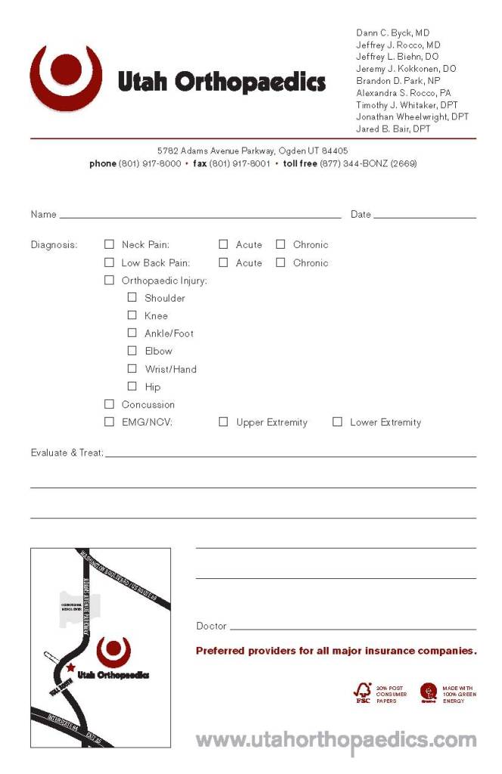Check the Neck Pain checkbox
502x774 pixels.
(x=109, y=244)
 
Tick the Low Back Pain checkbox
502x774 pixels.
(x=109, y=262)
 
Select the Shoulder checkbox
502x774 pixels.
(x=132, y=298)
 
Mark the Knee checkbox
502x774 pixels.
(x=132, y=315)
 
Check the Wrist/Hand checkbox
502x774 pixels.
(x=132, y=369)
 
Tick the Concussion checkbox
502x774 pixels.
(x=109, y=404)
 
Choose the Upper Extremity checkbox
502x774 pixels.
(x=224, y=422)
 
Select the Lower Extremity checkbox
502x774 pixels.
(x=337, y=422)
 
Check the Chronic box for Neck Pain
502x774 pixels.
(x=280, y=244)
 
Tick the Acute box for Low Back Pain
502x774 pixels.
(x=224, y=262)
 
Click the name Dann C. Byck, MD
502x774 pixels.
(x=392, y=33)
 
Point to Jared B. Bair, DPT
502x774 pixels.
(x=393, y=129)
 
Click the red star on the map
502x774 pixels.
(x=71, y=667)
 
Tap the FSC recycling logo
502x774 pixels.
(x=363, y=692)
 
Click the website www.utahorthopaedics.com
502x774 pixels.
(x=336, y=739)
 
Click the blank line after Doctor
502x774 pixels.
(x=352, y=627)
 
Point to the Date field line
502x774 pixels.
(x=424, y=216)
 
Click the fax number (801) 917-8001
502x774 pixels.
(x=239, y=163)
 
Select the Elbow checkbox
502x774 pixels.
(x=132, y=351)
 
